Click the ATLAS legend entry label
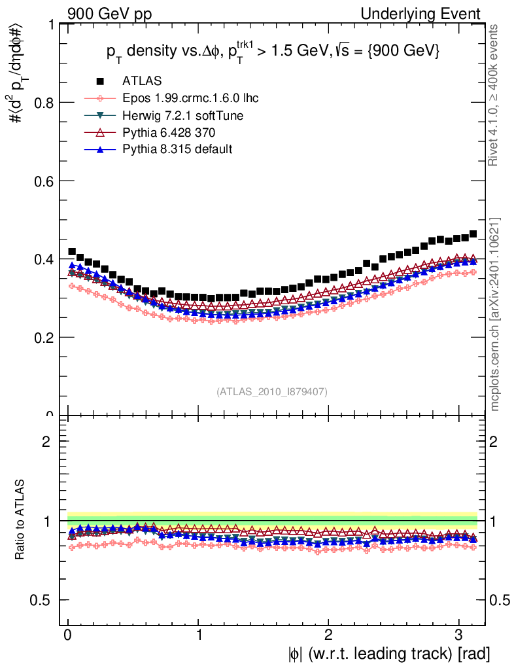142,81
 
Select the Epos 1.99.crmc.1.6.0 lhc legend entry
188,98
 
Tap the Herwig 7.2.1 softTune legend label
183,115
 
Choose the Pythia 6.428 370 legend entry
168,132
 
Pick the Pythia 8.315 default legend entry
177,149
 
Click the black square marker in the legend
100,81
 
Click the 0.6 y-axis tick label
44,181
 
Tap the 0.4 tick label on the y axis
44,260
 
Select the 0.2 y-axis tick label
44,338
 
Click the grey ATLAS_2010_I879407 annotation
272,391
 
